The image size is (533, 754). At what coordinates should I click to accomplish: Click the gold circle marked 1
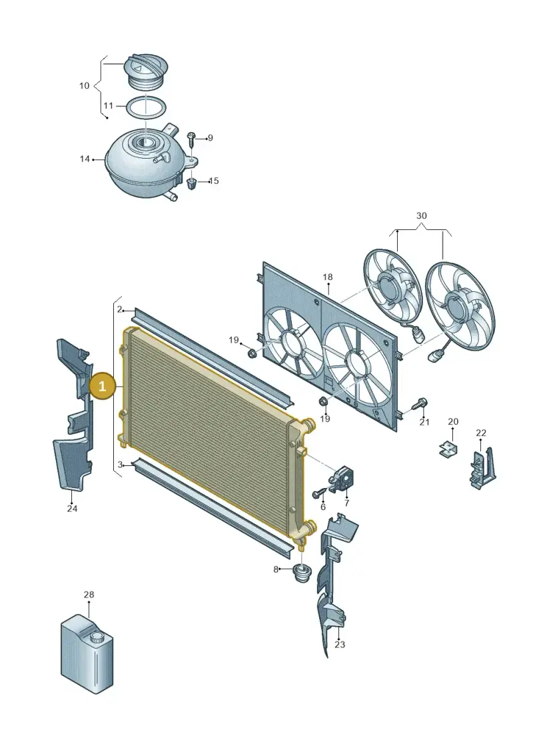coord(102,385)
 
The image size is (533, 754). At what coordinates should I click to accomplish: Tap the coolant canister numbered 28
coord(88,653)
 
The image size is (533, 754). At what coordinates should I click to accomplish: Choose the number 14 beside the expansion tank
coord(85,159)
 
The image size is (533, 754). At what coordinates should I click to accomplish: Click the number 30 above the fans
coord(422,215)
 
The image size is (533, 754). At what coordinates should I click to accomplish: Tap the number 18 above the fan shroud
coord(327,277)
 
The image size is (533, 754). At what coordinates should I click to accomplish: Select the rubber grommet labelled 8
coord(301,573)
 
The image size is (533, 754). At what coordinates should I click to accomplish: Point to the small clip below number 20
coord(448,449)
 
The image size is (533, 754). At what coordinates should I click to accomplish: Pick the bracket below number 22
coord(482,469)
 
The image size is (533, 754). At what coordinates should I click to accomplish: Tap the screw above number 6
coord(320,493)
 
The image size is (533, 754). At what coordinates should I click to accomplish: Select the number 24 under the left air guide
coord(72,508)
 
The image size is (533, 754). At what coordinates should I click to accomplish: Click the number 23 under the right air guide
coord(340,644)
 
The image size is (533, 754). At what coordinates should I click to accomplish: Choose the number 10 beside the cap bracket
coord(84,85)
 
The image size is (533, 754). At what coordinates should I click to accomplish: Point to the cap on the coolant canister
coord(97,638)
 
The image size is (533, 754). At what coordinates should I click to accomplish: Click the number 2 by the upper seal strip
coord(120,309)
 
